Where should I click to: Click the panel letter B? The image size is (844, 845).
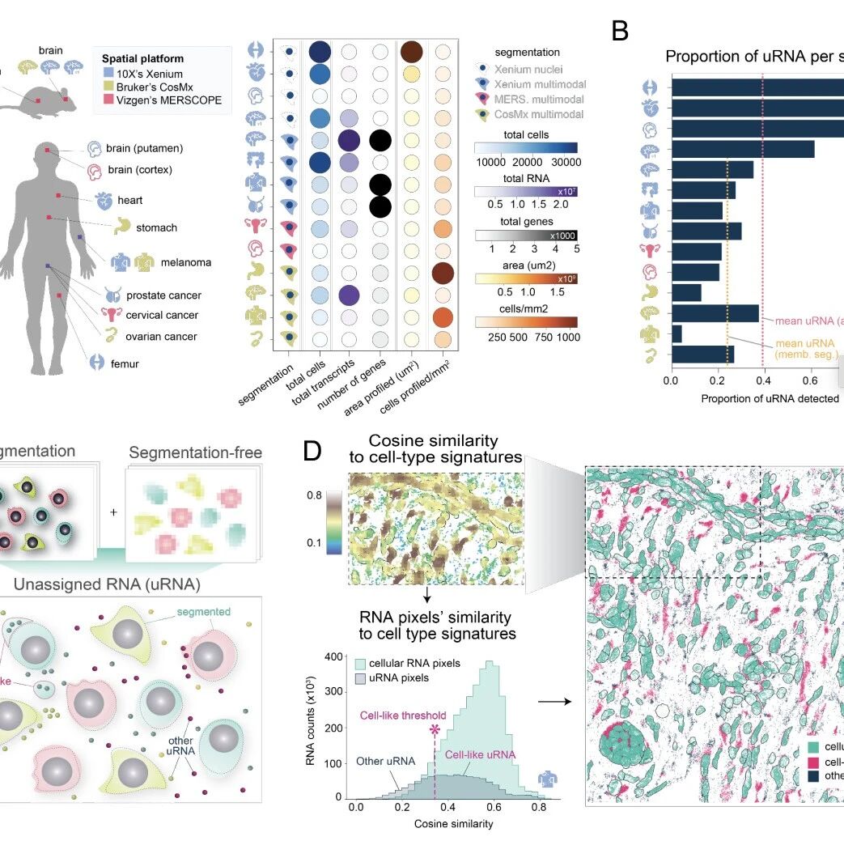[620, 32]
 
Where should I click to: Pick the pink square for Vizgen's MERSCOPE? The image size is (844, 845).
[108, 100]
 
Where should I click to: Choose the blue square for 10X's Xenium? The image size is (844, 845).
[108, 73]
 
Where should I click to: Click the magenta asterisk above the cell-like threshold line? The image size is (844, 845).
[435, 730]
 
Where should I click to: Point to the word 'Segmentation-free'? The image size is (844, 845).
[196, 452]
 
